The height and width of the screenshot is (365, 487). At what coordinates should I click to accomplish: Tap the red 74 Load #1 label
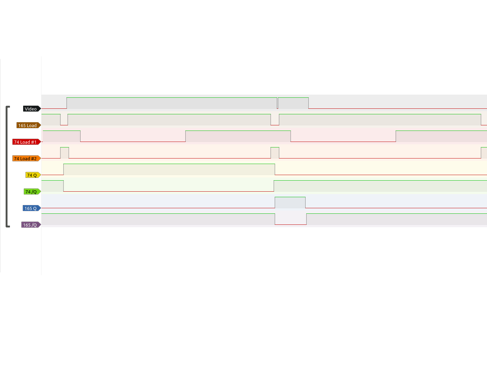point(26,142)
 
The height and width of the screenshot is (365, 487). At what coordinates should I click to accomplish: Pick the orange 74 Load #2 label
point(26,159)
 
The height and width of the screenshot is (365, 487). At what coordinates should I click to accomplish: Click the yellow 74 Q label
point(32,175)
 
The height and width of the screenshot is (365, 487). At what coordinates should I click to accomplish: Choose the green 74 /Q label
point(32,192)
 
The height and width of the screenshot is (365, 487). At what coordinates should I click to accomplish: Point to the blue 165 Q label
point(31,208)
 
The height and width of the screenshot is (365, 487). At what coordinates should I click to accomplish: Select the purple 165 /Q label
point(30,225)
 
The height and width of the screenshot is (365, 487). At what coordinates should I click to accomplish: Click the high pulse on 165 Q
point(290,202)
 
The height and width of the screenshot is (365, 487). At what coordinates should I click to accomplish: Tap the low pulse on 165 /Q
point(290,219)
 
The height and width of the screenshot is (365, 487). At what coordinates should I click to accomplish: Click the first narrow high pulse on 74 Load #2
point(64,153)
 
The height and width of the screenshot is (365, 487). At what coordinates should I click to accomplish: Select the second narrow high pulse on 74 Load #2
point(275,153)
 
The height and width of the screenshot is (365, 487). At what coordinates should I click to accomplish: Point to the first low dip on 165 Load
point(64,120)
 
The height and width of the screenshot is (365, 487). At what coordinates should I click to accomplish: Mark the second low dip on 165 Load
point(275,120)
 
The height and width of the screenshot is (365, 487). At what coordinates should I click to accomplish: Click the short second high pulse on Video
point(293,103)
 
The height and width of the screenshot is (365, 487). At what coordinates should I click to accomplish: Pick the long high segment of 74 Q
point(169,169)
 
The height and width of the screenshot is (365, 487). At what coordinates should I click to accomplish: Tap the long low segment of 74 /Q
point(169,186)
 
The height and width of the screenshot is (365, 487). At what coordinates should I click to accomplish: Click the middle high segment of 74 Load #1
point(238,136)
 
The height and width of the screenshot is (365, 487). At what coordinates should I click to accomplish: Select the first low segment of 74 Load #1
point(133,136)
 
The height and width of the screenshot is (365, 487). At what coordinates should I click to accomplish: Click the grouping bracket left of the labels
point(7,167)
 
